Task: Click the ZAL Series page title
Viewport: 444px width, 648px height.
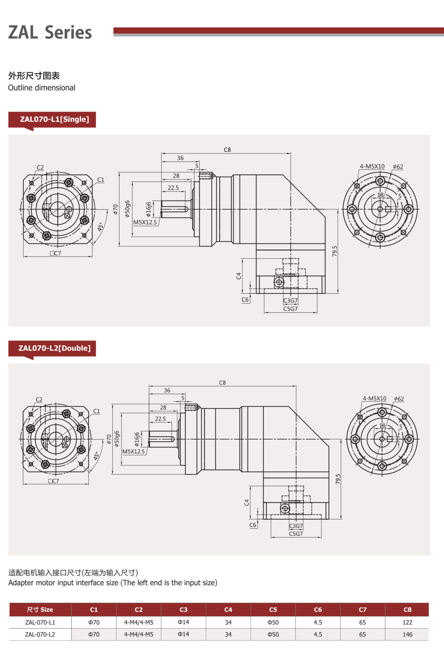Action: pos(50,32)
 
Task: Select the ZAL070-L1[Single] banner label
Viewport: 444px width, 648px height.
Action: pos(55,119)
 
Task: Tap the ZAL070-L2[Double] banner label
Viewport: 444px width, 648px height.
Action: pos(55,348)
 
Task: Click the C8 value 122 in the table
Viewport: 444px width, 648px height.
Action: pos(407,622)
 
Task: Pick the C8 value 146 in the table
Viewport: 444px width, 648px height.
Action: pos(407,634)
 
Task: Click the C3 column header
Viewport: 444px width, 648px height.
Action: pos(183,610)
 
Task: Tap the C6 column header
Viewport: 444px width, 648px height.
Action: pos(318,610)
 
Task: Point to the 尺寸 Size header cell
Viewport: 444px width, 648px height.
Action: pos(40,610)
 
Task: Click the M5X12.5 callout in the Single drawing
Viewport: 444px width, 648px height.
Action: pos(145,222)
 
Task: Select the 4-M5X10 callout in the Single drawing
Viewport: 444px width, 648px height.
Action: pos(372,167)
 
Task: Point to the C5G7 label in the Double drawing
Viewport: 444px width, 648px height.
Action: pos(296,534)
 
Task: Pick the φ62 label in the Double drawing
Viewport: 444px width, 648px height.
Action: pos(399,399)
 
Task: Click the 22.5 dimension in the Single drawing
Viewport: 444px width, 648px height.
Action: pos(173,188)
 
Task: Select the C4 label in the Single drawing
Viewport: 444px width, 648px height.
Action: pos(239,276)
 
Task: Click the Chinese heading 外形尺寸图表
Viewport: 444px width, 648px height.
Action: pos(34,76)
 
